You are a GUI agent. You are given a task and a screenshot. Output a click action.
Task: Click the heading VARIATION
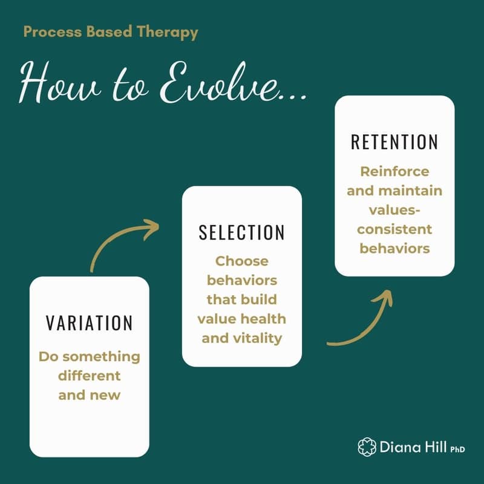point(89,322)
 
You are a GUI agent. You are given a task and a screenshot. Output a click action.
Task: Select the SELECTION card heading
point(241,233)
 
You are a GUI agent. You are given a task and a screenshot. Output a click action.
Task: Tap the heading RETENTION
point(394,142)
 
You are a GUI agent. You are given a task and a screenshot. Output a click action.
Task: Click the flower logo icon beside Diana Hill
point(367,447)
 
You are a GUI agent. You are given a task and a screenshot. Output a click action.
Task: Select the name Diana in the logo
point(397,447)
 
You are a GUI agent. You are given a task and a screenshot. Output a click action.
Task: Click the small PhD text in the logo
point(457,449)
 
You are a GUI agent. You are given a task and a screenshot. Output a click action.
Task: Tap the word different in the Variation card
point(89,376)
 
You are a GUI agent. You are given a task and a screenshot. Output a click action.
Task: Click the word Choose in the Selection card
point(241,262)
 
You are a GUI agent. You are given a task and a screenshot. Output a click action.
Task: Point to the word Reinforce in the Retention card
point(394,171)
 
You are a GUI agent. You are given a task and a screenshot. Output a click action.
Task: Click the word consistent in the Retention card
point(394,229)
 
